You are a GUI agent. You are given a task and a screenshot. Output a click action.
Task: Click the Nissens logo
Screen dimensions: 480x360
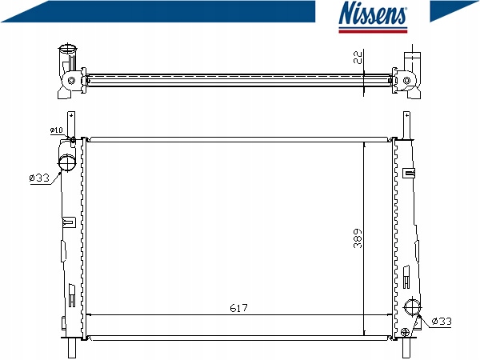coord(373,17)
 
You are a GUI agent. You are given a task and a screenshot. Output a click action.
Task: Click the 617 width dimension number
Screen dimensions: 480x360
coord(238,308)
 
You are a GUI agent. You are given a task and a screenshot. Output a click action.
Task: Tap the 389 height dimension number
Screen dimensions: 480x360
coord(358,238)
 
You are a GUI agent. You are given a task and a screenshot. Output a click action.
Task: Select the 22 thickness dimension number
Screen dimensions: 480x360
coord(358,57)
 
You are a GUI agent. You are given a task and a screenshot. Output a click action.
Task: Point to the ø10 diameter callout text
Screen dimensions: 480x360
coord(56,130)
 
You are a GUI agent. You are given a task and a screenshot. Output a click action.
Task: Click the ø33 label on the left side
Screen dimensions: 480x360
coord(39,178)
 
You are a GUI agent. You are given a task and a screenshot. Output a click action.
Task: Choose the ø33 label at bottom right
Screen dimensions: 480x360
coord(442,321)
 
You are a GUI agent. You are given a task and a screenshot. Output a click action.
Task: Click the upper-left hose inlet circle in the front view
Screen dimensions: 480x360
coord(67,162)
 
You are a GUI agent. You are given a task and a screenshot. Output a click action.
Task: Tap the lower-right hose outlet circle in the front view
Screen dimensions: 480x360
coord(412,306)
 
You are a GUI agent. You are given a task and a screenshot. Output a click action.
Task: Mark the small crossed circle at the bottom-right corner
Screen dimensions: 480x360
coord(405,332)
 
